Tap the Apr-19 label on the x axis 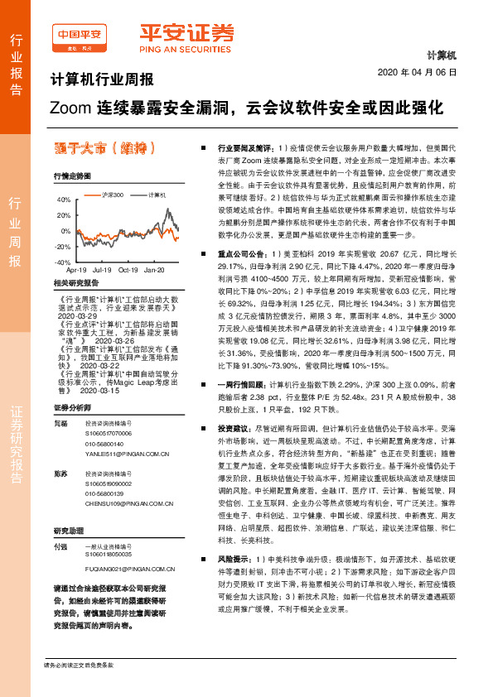76,270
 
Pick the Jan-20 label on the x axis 154,270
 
